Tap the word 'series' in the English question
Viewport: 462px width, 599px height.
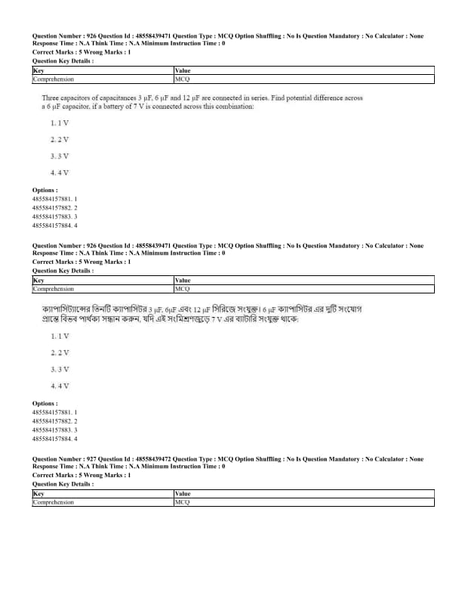(269, 98)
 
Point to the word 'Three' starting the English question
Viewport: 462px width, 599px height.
(51, 98)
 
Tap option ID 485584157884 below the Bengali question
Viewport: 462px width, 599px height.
(54, 439)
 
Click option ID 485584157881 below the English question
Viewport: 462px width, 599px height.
(54, 199)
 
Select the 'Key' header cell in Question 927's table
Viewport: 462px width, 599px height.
(38, 493)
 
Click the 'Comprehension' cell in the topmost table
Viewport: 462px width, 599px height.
(54, 78)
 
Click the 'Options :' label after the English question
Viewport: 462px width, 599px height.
(45, 190)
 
